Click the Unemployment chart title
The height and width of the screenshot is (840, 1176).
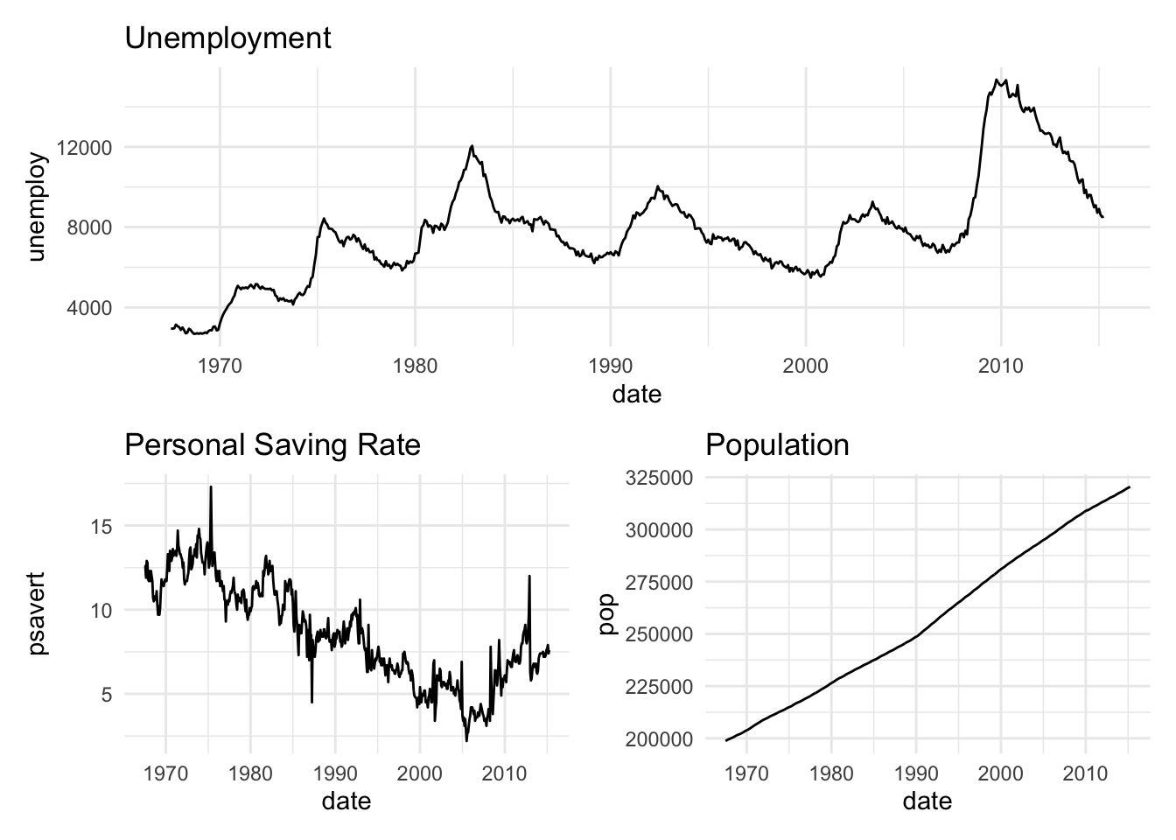pos(228,38)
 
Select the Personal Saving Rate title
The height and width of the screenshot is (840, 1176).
pos(272,445)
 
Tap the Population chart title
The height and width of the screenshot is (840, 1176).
pos(777,445)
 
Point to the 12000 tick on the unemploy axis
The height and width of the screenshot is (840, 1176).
pos(84,147)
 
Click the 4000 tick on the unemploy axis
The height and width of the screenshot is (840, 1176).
pos(88,308)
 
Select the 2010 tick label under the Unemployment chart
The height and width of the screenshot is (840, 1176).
pos(1001,366)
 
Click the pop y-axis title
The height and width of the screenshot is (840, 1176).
pos(605,613)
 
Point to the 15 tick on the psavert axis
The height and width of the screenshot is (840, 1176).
pos(102,526)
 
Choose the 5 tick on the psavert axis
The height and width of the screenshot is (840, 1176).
pos(108,695)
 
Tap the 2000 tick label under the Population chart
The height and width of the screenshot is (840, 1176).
pos(1000,773)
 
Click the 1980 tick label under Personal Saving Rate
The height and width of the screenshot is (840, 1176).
pos(250,773)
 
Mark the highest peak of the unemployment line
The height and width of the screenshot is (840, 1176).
pos(997,80)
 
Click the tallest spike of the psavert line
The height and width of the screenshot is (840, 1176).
pos(211,486)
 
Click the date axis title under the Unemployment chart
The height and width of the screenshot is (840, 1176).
pos(636,395)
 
